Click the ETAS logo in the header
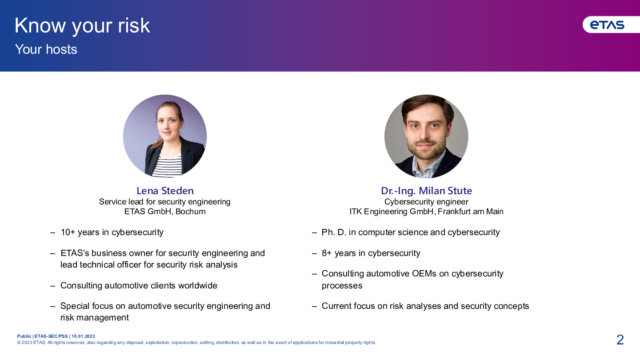[607, 25]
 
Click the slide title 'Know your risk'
[82, 26]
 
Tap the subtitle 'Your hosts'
[46, 49]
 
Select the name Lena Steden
[165, 191]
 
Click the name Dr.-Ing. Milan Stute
[426, 191]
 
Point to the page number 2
[620, 340]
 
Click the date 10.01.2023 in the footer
[83, 336]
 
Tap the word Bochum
[190, 212]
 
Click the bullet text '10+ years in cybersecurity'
[112, 232]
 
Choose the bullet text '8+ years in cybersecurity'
[371, 253]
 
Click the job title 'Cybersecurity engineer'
[426, 202]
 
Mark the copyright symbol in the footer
[19, 343]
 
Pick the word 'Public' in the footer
[24, 336]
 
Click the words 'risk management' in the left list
[95, 317]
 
